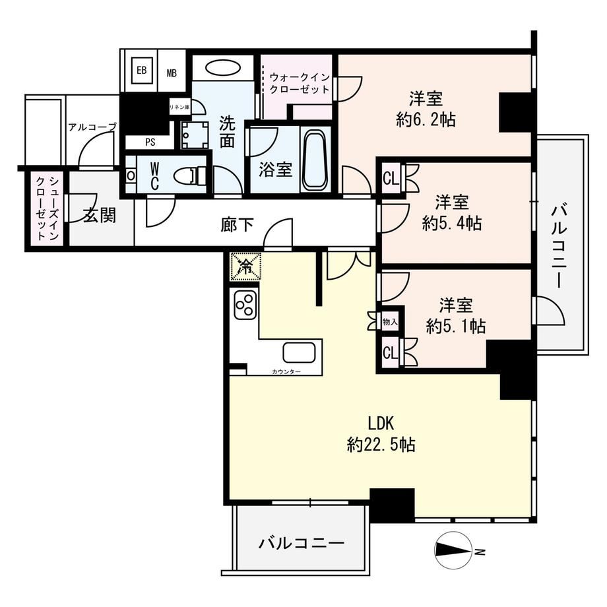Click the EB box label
[x=142, y=71]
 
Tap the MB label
[x=172, y=73]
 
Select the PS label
[x=150, y=142]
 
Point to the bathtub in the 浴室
[x=315, y=160]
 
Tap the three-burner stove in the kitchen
[x=245, y=304]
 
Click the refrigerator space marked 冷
[x=246, y=267]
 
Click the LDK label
[x=381, y=424]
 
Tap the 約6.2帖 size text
[x=426, y=119]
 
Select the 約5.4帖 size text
[x=452, y=223]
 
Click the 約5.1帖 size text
[x=456, y=327]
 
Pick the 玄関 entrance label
[x=100, y=215]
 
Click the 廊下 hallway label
[x=237, y=225]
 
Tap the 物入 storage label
[x=390, y=321]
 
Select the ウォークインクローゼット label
[x=300, y=83]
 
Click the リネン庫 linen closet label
[x=179, y=107]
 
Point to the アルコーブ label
[x=92, y=127]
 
